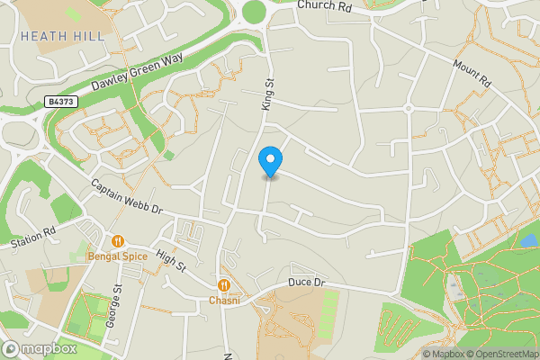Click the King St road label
(x=267, y=94)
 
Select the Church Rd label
(x=324, y=6)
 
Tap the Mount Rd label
(x=472, y=74)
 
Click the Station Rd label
(x=33, y=238)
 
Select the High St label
(x=170, y=261)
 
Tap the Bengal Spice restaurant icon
(x=117, y=241)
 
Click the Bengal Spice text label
(x=117, y=256)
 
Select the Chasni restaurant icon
(x=224, y=285)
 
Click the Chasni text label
(x=224, y=301)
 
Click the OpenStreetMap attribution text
(x=499, y=354)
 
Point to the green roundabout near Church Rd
(x=255, y=11)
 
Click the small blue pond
(x=527, y=241)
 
